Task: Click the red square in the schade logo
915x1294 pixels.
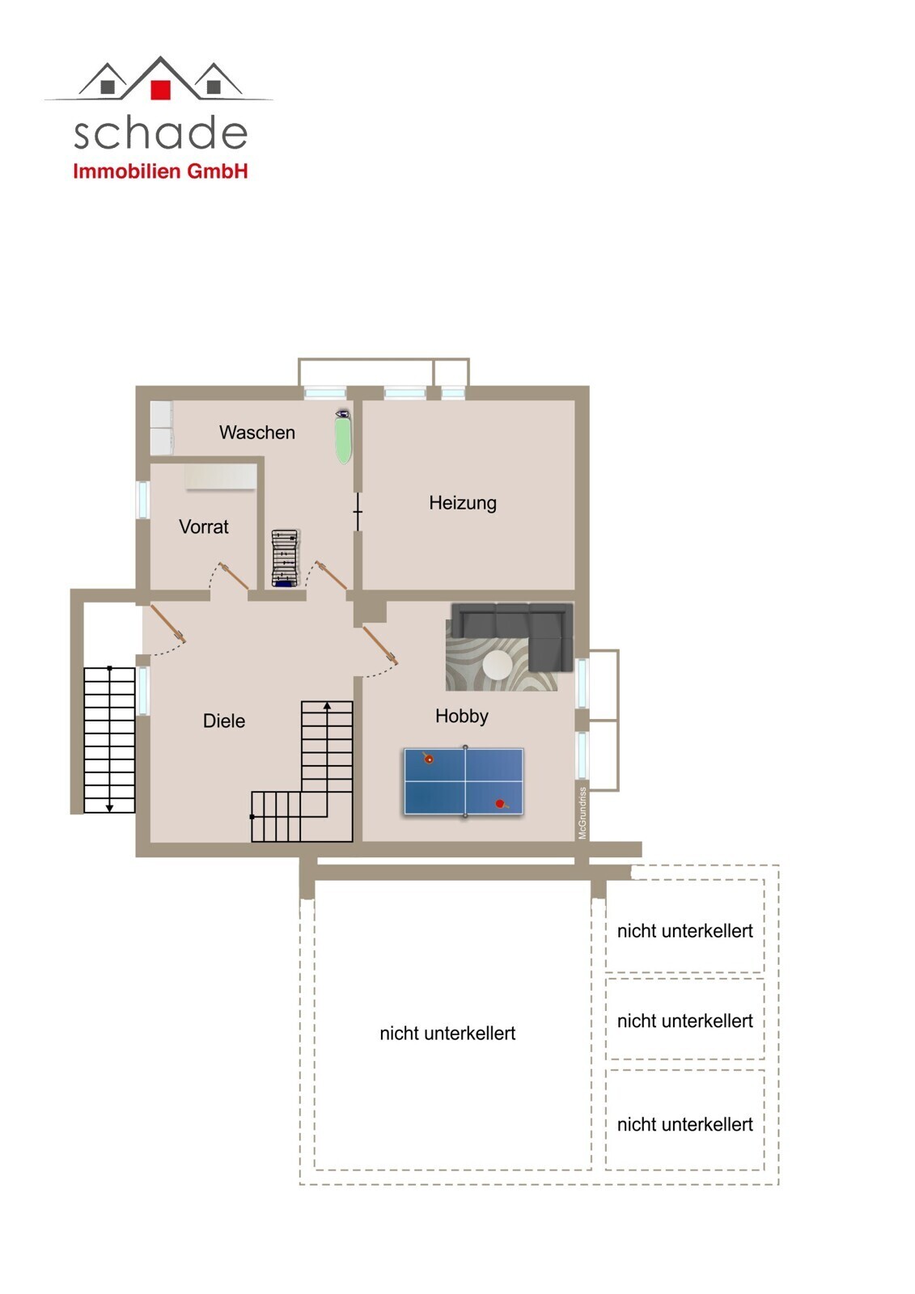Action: pyautogui.click(x=160, y=90)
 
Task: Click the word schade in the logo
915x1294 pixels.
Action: pyautogui.click(x=161, y=133)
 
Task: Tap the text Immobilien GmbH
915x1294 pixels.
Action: pyautogui.click(x=160, y=171)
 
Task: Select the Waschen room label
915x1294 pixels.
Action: pyautogui.click(x=256, y=432)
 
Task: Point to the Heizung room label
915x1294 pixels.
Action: pyautogui.click(x=463, y=502)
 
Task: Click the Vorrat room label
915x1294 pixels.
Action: pyautogui.click(x=203, y=526)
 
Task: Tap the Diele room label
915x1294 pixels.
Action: pyautogui.click(x=223, y=721)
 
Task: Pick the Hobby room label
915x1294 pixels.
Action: pyautogui.click(x=461, y=717)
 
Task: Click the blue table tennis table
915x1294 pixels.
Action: pyautogui.click(x=464, y=781)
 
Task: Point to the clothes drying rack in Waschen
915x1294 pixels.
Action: pyautogui.click(x=285, y=558)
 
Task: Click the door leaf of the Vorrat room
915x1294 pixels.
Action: pyautogui.click(x=234, y=576)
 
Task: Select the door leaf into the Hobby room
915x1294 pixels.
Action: pyautogui.click(x=379, y=645)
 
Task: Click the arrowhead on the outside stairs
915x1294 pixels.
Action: pyautogui.click(x=109, y=808)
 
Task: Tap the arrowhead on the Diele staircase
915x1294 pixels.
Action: pyautogui.click(x=327, y=705)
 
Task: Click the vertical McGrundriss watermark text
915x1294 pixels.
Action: pyautogui.click(x=582, y=813)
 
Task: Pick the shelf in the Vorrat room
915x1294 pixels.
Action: pyautogui.click(x=221, y=476)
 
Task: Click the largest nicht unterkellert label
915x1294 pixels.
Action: pyautogui.click(x=447, y=1034)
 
